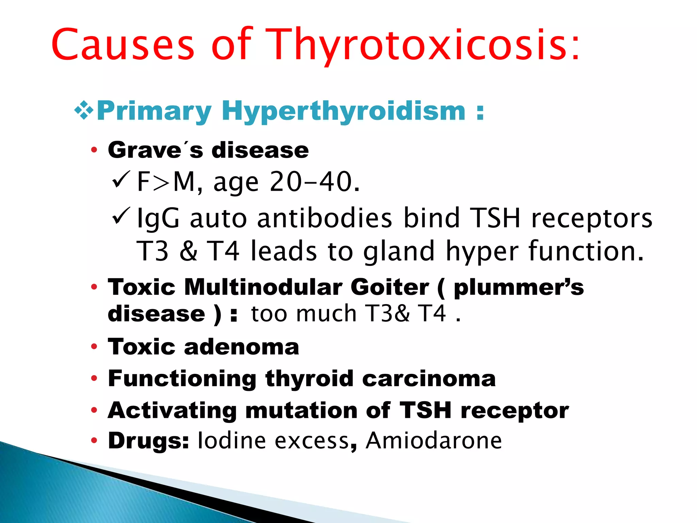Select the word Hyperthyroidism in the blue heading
(343, 111)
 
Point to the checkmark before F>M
(121, 180)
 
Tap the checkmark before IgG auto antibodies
(121, 216)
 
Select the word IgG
(158, 219)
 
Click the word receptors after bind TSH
(592, 219)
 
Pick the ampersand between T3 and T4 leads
(188, 251)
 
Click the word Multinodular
(263, 287)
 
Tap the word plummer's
(519, 287)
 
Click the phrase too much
(304, 313)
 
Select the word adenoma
(241, 347)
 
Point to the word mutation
(301, 410)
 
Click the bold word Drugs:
(148, 440)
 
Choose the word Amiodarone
(434, 440)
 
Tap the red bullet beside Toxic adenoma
(94, 347)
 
